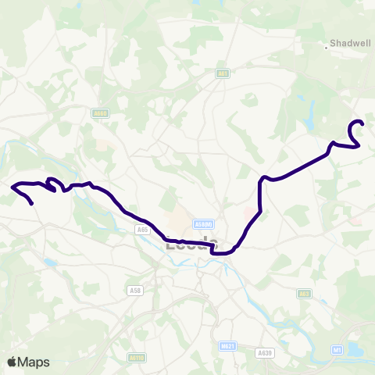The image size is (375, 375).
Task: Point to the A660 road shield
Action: (98, 113)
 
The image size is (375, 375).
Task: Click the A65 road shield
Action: (142, 230)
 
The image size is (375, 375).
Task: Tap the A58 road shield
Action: (134, 291)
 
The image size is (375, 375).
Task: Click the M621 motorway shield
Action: (227, 345)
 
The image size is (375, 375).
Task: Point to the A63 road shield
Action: (305, 294)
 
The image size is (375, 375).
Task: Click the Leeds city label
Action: (188, 244)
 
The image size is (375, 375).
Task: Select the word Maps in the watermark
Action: (34, 362)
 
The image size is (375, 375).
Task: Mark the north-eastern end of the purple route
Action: (362, 122)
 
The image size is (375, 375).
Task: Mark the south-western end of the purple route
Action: (32, 204)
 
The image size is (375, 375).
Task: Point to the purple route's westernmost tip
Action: (12, 186)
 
